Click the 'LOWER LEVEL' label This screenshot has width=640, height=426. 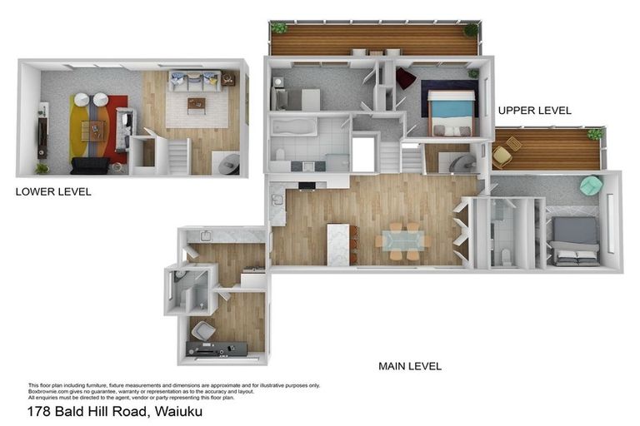point(53,192)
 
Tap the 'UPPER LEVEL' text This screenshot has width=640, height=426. point(534,110)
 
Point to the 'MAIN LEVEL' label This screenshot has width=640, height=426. point(410,366)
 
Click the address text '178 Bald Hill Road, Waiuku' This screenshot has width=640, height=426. point(115,412)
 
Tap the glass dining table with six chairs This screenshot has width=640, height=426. point(401,240)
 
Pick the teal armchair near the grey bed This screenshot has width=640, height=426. point(591,186)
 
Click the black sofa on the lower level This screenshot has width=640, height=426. point(89,166)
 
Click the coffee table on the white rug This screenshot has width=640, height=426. point(197,105)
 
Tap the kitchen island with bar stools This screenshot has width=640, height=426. point(339,244)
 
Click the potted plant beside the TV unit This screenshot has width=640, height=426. point(41,168)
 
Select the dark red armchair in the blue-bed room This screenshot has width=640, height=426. point(405,78)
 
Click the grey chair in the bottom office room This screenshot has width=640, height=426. point(202,331)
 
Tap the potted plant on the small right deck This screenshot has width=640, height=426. point(595,133)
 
